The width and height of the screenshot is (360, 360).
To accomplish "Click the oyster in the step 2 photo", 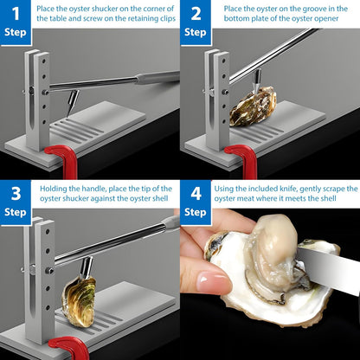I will (255, 106).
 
